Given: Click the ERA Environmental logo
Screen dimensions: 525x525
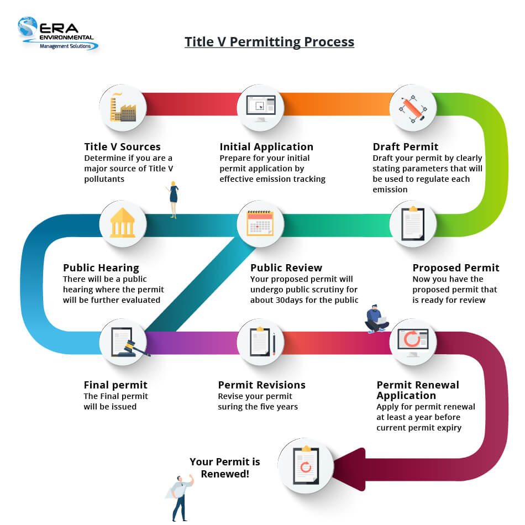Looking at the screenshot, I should pos(57,34).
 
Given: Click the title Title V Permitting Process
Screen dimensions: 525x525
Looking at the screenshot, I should pos(269,42).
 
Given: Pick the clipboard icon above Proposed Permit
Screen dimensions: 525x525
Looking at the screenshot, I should pos(413,224).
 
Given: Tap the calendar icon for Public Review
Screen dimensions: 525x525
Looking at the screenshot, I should pos(260,224).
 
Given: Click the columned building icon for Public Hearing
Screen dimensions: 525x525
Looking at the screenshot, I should pos(123,224).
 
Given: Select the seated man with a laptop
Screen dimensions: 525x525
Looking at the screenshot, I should pos(377,319).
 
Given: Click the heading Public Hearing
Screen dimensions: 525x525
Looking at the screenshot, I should pos(101,268).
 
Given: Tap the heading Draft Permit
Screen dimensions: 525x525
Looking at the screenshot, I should pos(406,147).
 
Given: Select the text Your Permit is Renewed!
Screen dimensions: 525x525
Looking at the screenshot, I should pos(224,468).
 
